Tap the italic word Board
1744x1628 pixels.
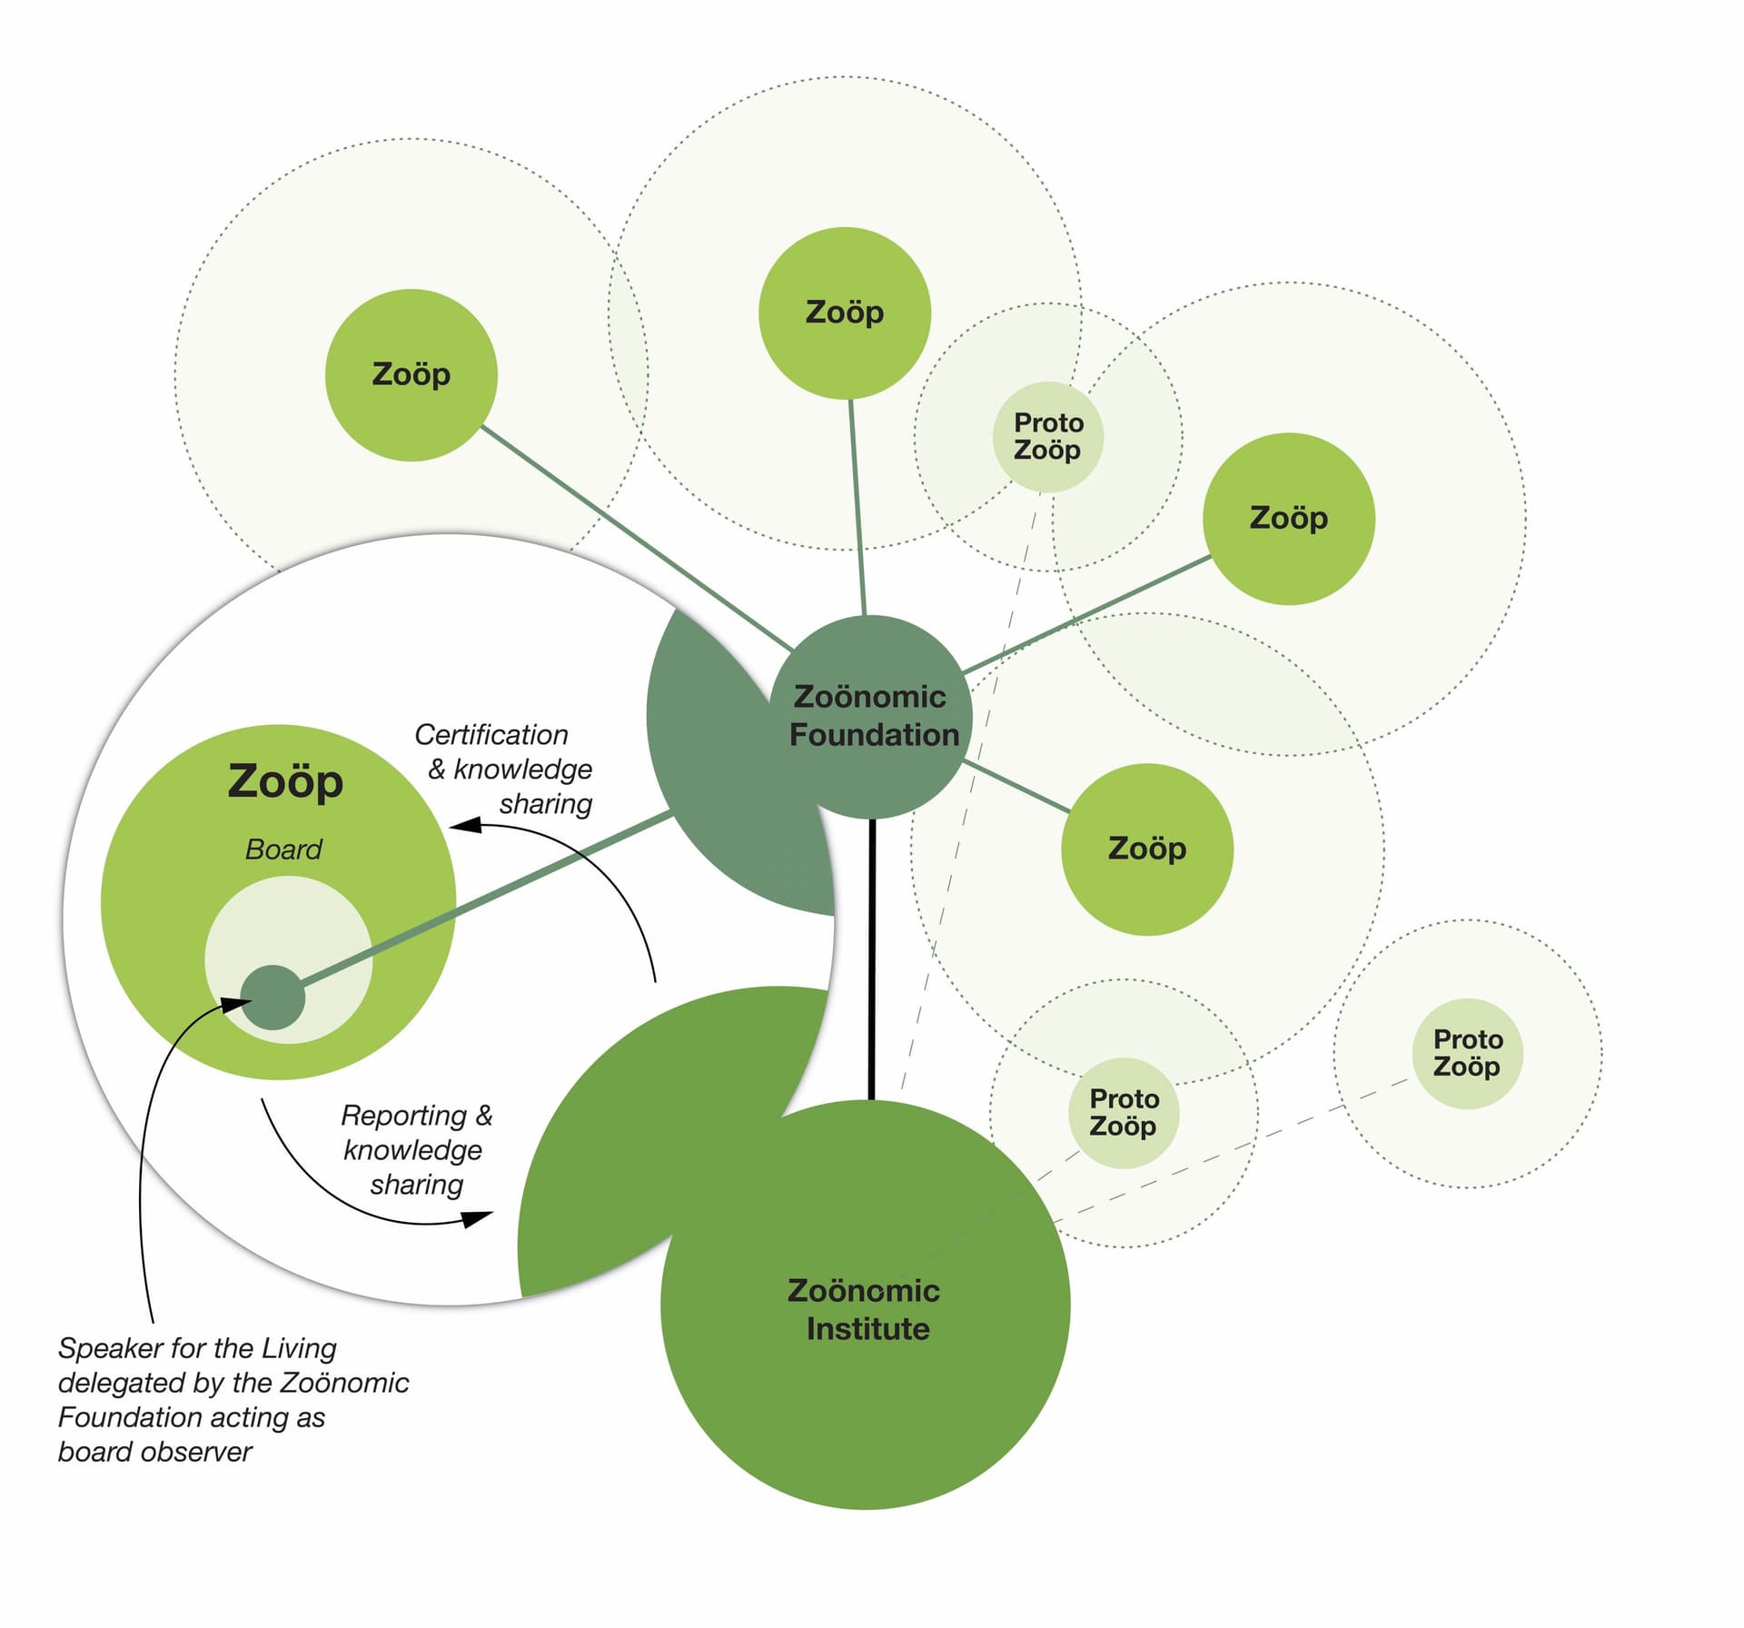click(x=283, y=849)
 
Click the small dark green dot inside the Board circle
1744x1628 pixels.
click(x=272, y=998)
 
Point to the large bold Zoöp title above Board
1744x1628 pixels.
click(x=285, y=781)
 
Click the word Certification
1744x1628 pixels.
click(x=490, y=734)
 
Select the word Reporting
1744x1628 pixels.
click(x=403, y=1115)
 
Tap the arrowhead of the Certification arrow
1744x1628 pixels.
click(x=463, y=825)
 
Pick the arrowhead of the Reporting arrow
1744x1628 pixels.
click(x=479, y=1218)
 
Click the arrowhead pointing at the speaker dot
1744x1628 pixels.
click(x=238, y=1003)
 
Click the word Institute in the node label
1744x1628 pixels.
click(x=867, y=1329)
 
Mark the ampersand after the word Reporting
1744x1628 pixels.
click(x=483, y=1115)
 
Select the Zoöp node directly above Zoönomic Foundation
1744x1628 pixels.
click(x=845, y=313)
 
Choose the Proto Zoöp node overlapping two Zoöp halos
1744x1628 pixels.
click(x=1048, y=437)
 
